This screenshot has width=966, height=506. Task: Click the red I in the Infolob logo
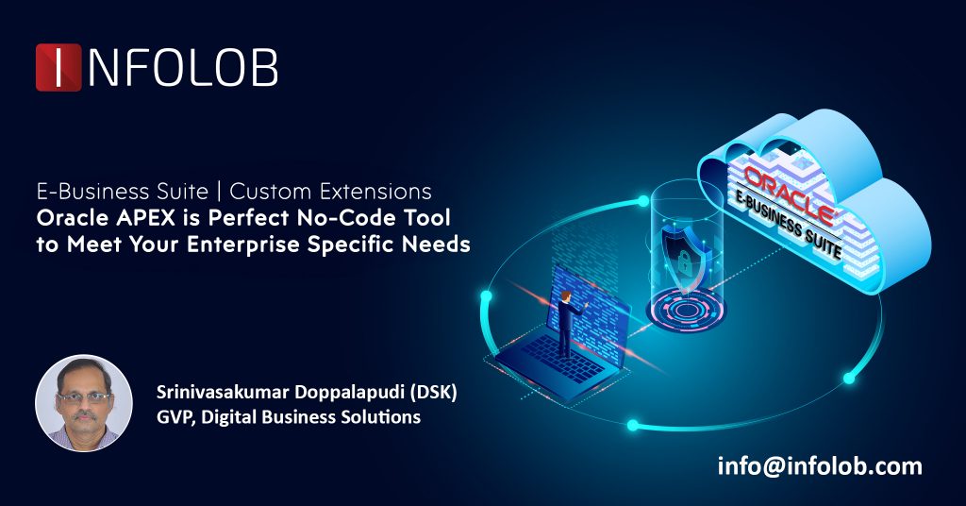(x=58, y=68)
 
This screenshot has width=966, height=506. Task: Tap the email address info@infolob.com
(x=819, y=465)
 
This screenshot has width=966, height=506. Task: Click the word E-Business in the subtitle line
(x=81, y=192)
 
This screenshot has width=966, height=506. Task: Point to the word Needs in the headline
(x=437, y=245)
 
